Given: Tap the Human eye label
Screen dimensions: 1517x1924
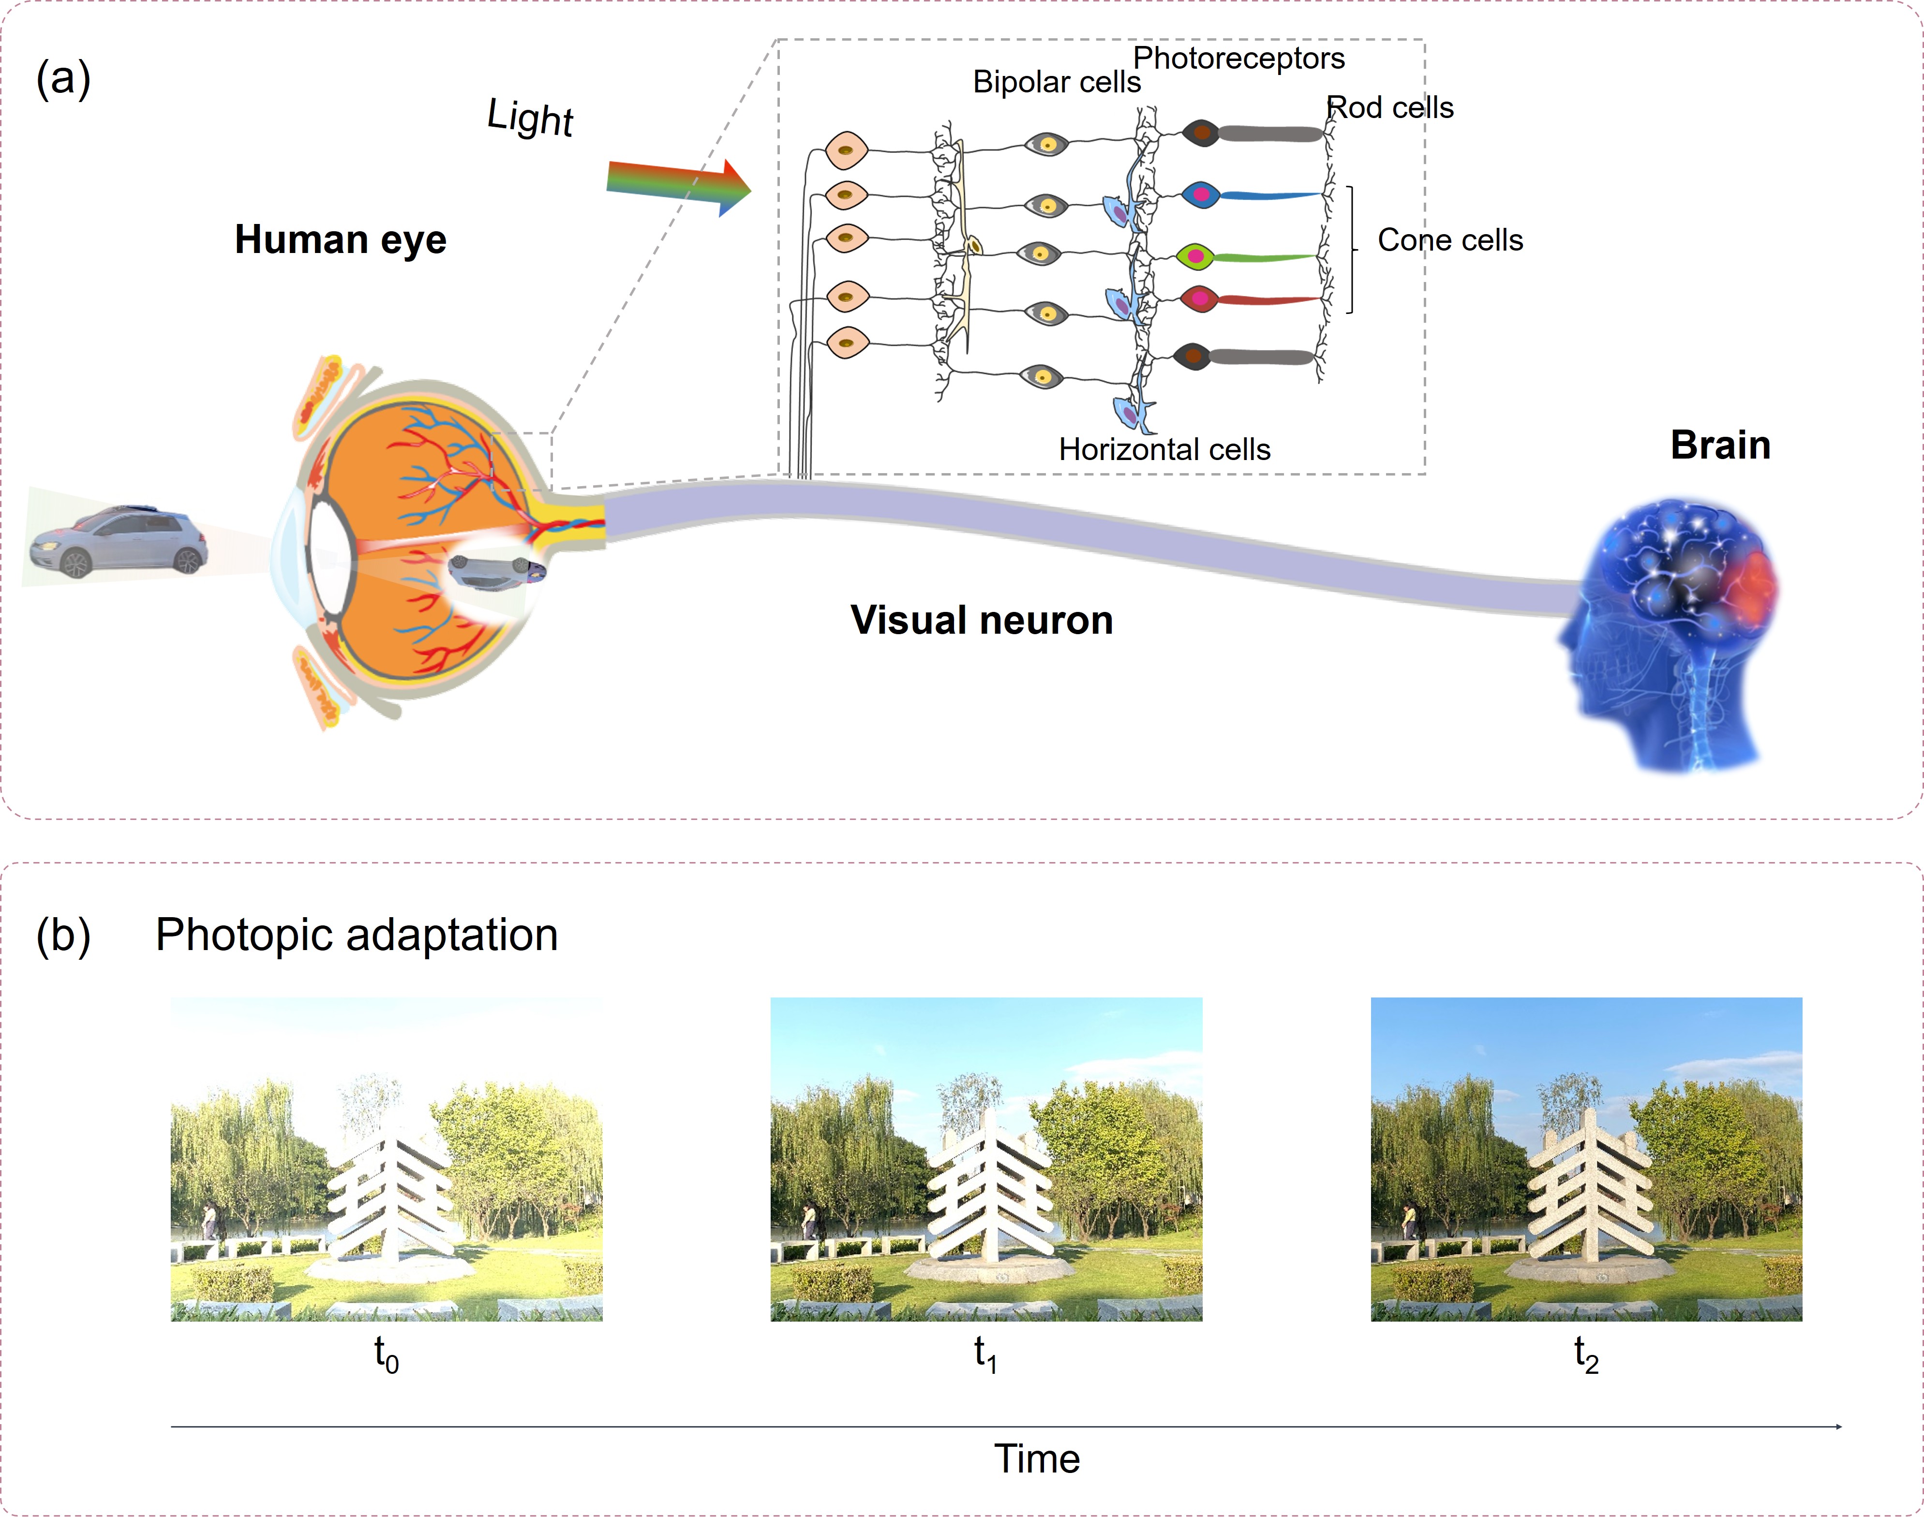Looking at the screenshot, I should [340, 240].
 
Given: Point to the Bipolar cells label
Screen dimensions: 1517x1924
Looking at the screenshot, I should [1056, 82].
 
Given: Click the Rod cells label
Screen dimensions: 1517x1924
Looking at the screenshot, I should [1390, 107].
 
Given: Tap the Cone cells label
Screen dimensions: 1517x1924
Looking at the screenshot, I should [1450, 240].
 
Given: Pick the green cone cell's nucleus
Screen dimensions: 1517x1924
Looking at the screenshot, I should [1195, 257].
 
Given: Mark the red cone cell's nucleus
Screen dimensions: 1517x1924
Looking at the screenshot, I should [1200, 298].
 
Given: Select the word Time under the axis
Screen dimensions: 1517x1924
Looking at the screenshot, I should [1037, 1459].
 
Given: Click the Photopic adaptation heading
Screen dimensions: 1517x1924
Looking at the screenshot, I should [356, 935].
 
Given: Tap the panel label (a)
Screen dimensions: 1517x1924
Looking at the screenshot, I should [63, 78].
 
